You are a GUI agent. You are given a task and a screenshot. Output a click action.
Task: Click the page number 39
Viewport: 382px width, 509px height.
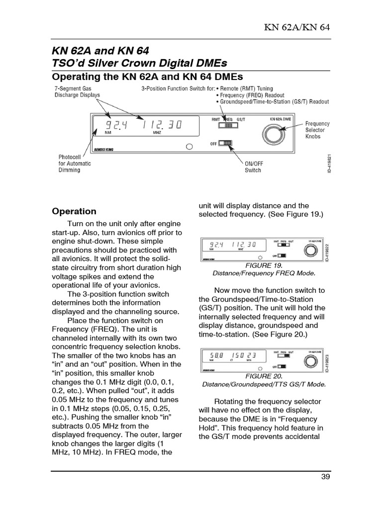pos(326,477)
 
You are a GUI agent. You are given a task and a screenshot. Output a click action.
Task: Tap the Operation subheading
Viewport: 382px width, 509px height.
pos(74,211)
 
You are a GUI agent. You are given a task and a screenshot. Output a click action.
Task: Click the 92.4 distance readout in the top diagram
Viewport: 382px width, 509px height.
pos(113,126)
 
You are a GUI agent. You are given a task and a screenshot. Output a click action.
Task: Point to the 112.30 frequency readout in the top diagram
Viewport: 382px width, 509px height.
pos(162,126)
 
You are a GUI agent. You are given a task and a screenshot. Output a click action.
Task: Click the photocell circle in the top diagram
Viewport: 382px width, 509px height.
pos(189,147)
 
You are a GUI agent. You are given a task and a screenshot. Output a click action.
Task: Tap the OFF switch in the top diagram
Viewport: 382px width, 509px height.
pos(226,144)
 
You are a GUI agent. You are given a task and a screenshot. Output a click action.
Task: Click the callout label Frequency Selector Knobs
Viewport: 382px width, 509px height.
pos(317,130)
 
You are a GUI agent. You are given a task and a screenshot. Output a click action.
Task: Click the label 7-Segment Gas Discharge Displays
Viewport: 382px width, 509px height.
pos(77,91)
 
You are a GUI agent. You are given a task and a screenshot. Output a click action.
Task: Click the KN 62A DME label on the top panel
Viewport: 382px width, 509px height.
pos(280,120)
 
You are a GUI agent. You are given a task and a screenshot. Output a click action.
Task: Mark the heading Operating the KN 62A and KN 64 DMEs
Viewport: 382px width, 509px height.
pos(148,77)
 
